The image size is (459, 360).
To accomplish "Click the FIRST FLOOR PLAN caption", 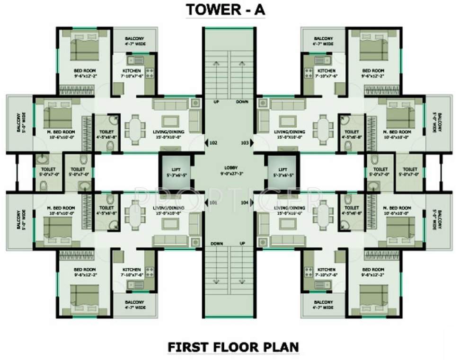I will tap(233, 347).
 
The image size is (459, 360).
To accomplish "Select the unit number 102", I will tap(213, 142).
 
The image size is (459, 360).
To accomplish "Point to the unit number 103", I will tap(245, 142).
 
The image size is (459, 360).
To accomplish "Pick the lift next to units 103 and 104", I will tap(283, 172).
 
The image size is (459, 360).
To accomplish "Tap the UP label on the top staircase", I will tap(216, 101).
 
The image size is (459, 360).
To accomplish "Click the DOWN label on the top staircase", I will tap(242, 101).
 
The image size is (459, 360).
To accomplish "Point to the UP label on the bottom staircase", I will tap(243, 243).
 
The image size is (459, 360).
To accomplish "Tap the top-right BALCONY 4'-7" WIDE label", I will tap(323, 41).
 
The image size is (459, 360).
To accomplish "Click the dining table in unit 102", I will tap(135, 127).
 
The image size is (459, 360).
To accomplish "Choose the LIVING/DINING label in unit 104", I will tap(290, 207).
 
